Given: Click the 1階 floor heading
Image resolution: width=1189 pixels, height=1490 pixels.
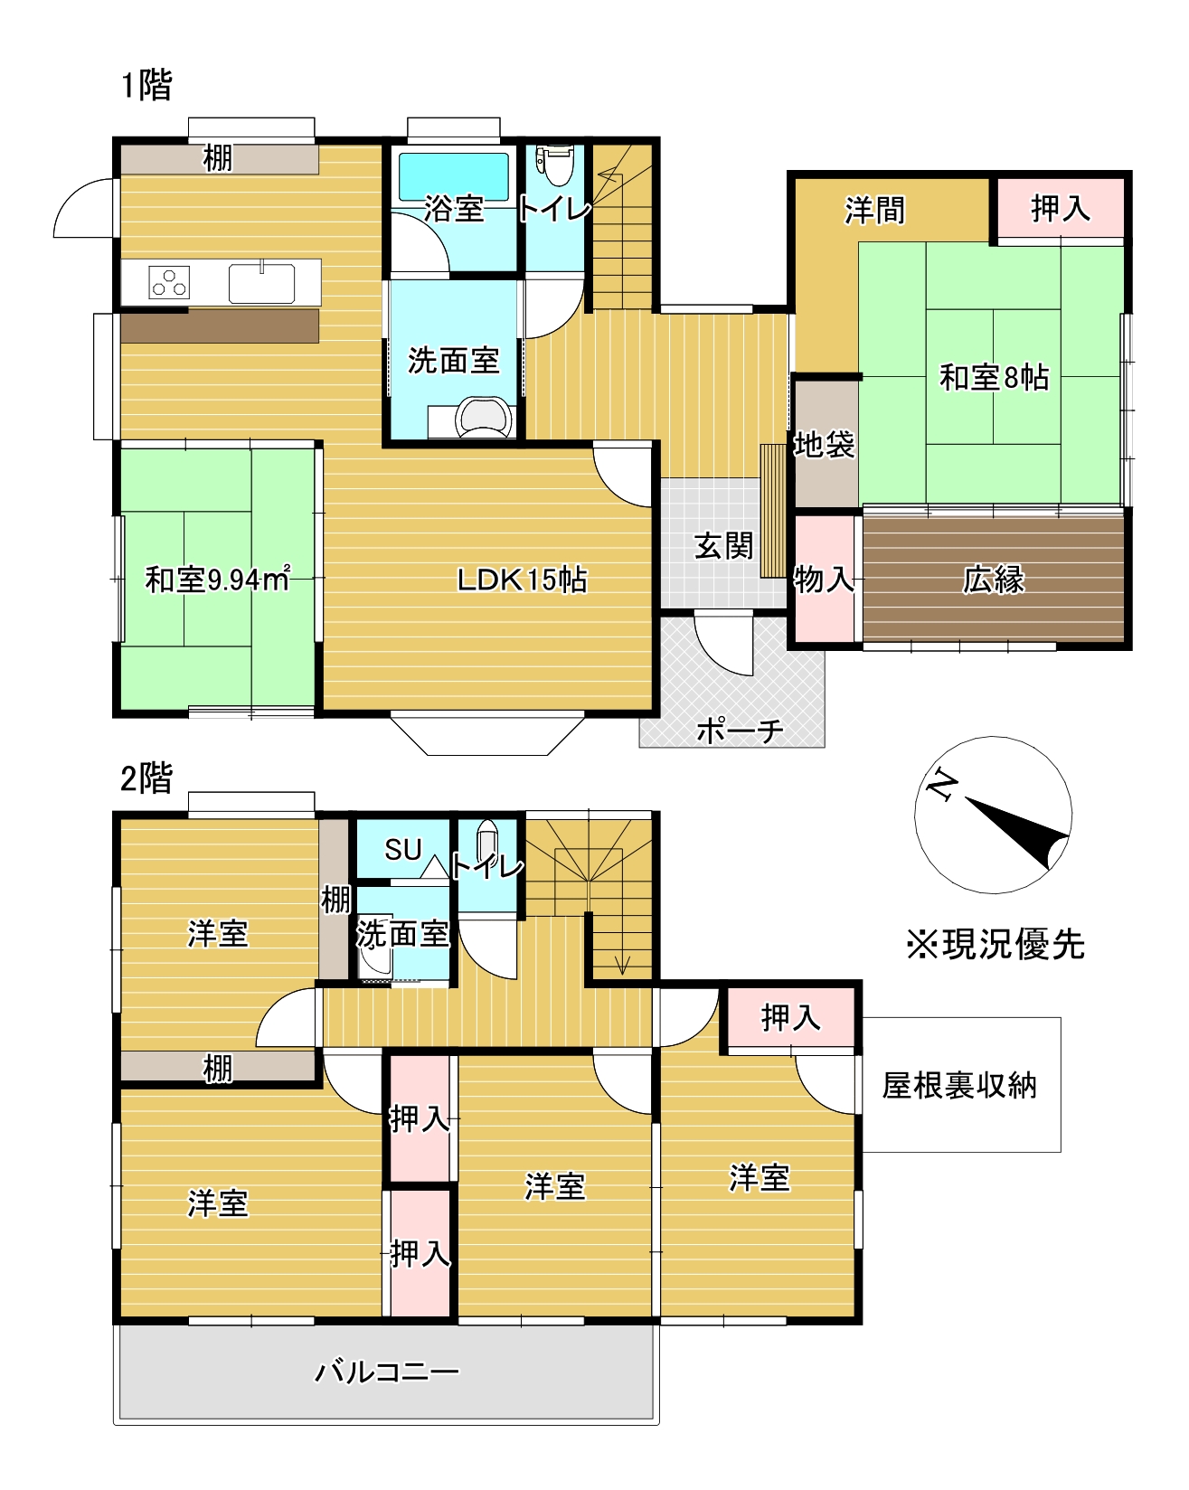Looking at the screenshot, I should click(x=146, y=86).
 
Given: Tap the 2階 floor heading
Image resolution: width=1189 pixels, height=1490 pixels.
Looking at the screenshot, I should click(x=146, y=778).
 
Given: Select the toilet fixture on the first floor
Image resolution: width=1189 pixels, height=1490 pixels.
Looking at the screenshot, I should click(x=554, y=164).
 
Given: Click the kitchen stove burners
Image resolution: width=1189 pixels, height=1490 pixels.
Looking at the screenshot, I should click(x=169, y=283).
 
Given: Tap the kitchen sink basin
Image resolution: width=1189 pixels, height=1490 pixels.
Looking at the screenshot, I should click(x=261, y=283).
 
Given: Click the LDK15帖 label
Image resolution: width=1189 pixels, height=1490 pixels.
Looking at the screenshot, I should click(x=522, y=580).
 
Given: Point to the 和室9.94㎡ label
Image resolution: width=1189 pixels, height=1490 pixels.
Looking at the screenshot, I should click(x=217, y=580).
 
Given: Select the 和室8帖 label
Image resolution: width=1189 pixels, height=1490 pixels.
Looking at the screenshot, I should click(x=994, y=377).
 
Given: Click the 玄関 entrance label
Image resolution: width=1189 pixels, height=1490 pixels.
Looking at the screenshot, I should click(x=722, y=546).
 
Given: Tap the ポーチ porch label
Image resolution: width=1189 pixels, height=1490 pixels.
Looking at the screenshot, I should click(x=739, y=730).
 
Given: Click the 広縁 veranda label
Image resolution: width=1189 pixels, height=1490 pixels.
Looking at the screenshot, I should click(x=993, y=580).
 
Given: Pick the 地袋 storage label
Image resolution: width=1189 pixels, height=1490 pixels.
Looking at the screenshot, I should click(x=824, y=444).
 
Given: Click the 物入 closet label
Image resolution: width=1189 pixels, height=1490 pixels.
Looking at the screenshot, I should click(x=824, y=580).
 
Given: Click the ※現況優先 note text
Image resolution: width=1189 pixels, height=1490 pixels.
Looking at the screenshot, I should click(x=995, y=945).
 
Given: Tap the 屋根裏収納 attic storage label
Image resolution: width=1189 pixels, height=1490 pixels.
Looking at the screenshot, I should click(x=959, y=1085).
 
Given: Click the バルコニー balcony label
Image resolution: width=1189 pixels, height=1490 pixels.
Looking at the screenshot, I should click(x=386, y=1372).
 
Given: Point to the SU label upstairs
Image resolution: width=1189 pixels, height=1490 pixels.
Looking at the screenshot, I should click(x=402, y=850).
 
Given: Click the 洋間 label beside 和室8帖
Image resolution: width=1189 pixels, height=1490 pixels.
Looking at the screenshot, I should click(x=874, y=211).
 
